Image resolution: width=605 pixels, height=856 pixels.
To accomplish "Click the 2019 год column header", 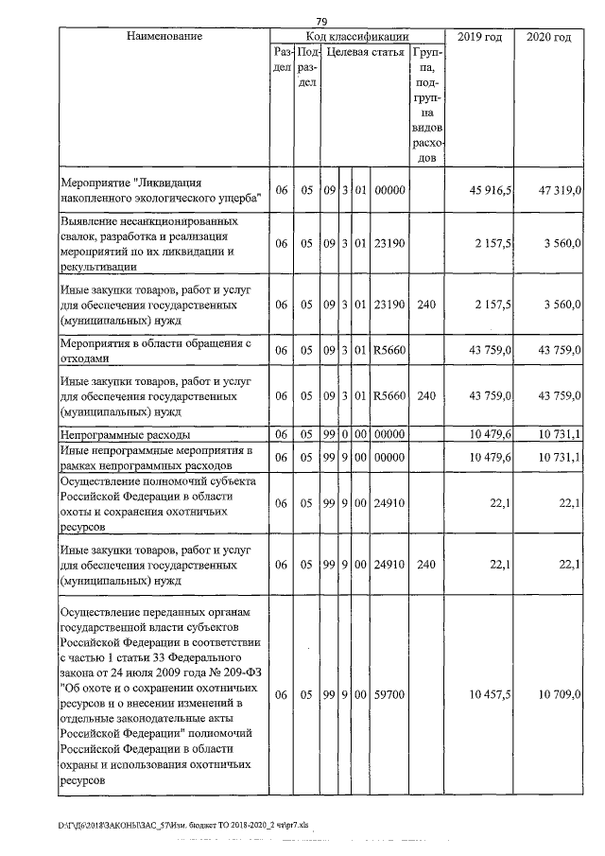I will pyautogui.click(x=479, y=36).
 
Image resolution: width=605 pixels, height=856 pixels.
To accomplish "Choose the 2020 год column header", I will pyautogui.click(x=548, y=36).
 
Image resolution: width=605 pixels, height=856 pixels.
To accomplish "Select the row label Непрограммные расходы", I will pyautogui.click(x=125, y=434).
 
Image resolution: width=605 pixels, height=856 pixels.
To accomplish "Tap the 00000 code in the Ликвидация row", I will pyautogui.click(x=389, y=190).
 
